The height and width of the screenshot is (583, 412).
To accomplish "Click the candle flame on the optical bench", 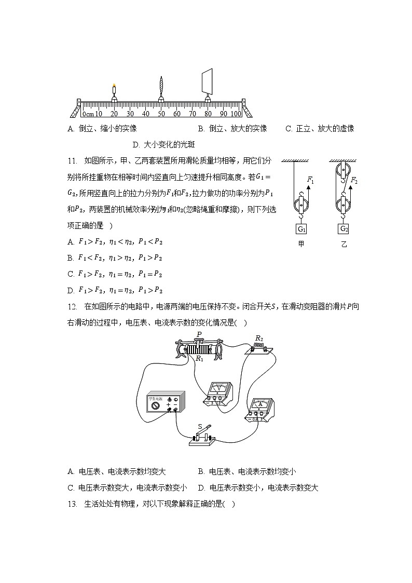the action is (x=114, y=86).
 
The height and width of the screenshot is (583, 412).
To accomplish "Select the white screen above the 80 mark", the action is (x=208, y=80).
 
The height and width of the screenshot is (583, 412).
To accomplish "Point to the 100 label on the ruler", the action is (x=236, y=114).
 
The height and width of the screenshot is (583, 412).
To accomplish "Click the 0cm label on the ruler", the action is (x=88, y=114).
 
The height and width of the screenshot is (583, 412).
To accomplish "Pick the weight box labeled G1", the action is (x=301, y=229).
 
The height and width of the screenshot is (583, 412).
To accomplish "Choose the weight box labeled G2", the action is (x=344, y=229).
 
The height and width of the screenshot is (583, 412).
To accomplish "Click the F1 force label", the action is (x=310, y=180).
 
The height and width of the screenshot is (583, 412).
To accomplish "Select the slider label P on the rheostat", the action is (x=199, y=334).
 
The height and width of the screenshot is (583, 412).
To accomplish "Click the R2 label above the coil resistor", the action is (x=259, y=338).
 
